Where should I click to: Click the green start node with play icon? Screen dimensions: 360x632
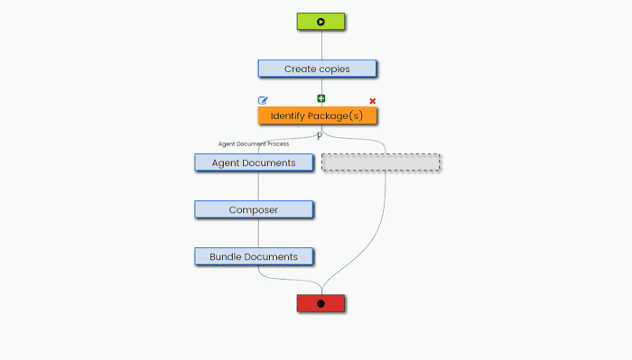pyautogui.click(x=321, y=22)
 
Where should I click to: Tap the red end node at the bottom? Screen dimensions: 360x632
pyautogui.click(x=321, y=303)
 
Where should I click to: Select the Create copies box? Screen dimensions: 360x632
pyautogui.click(x=316, y=69)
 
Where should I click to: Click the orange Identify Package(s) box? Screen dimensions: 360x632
pyautogui.click(x=317, y=115)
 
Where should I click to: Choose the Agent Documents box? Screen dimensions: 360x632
pyautogui.click(x=253, y=162)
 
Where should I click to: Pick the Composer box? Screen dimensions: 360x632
pyautogui.click(x=253, y=209)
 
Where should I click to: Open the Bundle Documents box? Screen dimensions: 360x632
pyautogui.click(x=253, y=256)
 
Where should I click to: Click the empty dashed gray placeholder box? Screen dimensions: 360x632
pyautogui.click(x=381, y=162)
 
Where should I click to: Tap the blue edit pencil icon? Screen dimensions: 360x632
pyautogui.click(x=263, y=100)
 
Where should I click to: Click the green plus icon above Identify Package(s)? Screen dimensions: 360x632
pyautogui.click(x=321, y=98)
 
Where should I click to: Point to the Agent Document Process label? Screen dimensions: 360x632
pyautogui.click(x=254, y=143)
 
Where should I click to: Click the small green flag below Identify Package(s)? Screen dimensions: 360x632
pyautogui.click(x=320, y=135)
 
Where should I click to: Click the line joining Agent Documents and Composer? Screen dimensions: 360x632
pyautogui.click(x=258, y=186)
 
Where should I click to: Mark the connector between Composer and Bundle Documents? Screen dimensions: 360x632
pyautogui.click(x=258, y=233)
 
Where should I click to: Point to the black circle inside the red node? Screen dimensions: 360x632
pyautogui.click(x=321, y=303)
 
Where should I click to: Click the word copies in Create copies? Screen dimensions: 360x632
pyautogui.click(x=334, y=69)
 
